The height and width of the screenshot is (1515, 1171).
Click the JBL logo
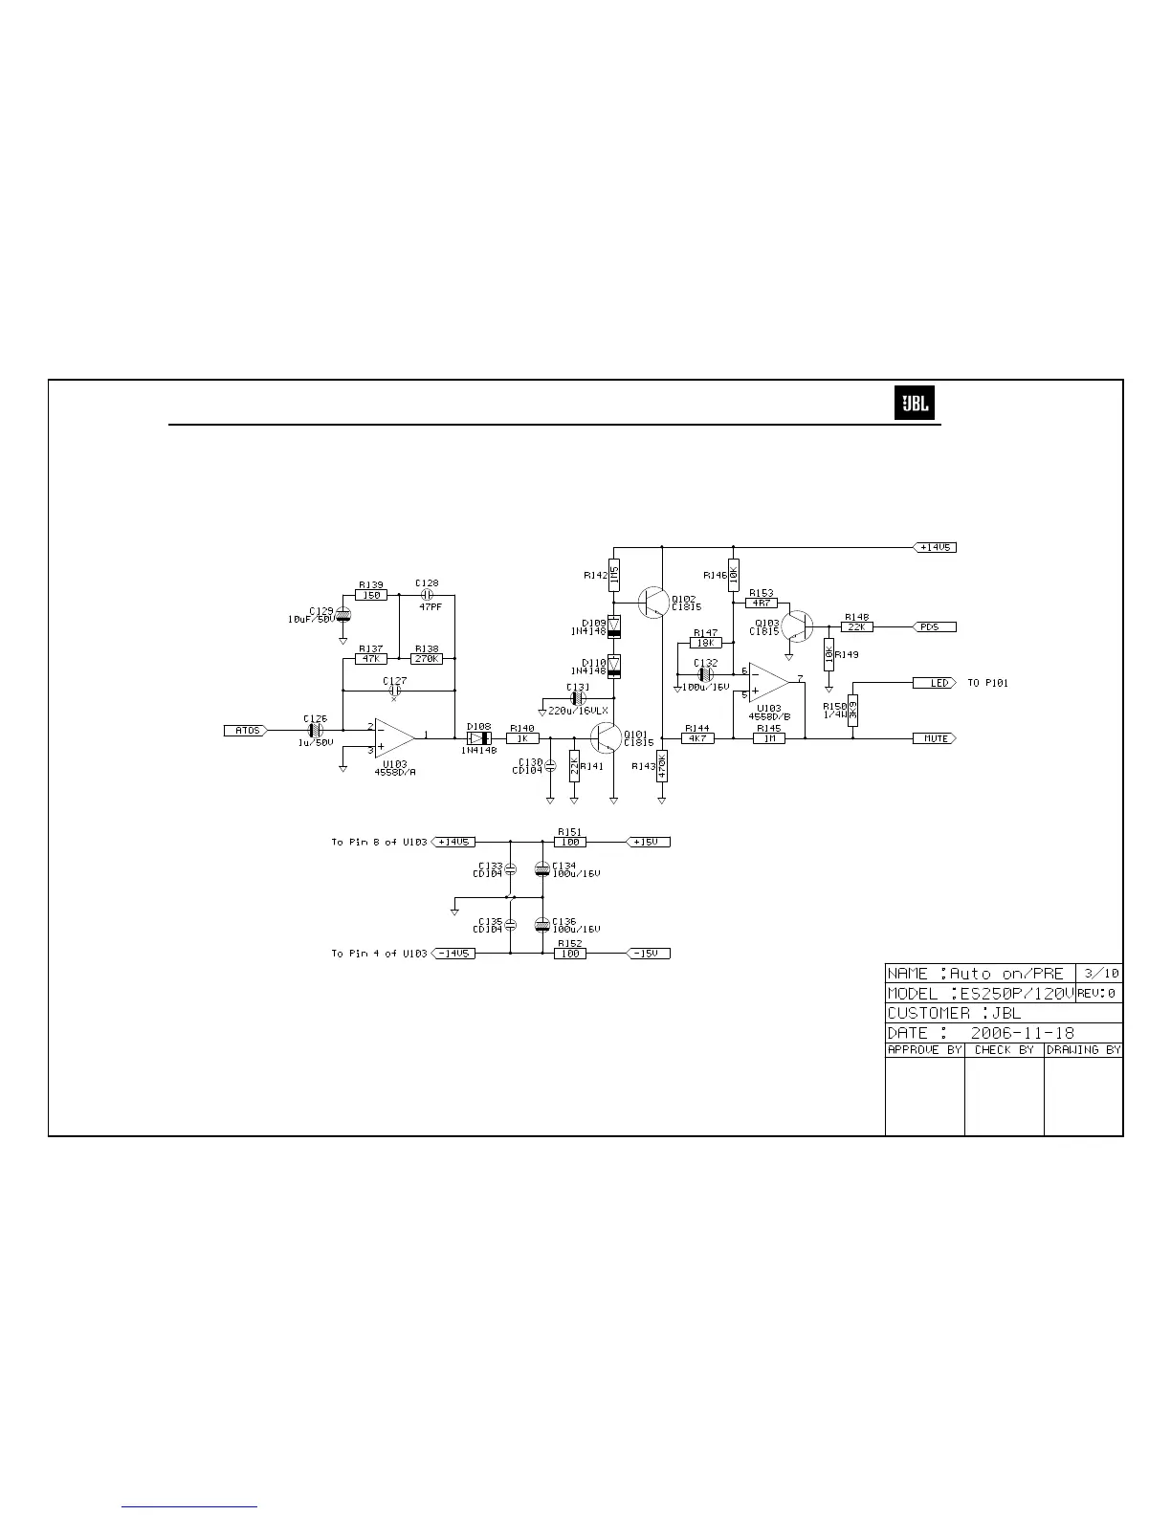(x=915, y=405)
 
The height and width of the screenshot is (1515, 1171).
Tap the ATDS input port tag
(x=247, y=731)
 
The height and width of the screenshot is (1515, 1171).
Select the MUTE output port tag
(x=935, y=738)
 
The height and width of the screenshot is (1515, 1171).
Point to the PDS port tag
(x=935, y=627)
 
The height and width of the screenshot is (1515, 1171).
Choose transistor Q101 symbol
(x=607, y=737)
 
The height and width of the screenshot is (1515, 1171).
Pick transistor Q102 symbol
(x=653, y=602)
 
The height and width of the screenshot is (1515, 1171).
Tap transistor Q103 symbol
(x=796, y=626)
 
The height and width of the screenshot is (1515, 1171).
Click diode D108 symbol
(x=478, y=738)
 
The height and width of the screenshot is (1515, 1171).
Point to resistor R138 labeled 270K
(x=427, y=659)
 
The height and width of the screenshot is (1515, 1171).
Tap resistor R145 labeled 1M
(x=768, y=738)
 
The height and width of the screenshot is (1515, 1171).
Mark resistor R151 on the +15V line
(x=570, y=842)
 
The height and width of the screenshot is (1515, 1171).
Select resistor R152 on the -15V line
(x=570, y=954)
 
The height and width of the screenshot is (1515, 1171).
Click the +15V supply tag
(x=648, y=842)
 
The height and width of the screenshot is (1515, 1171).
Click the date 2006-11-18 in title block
(x=1021, y=1033)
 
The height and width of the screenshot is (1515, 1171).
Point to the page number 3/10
(x=1101, y=973)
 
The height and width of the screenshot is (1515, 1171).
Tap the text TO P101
(x=987, y=683)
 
